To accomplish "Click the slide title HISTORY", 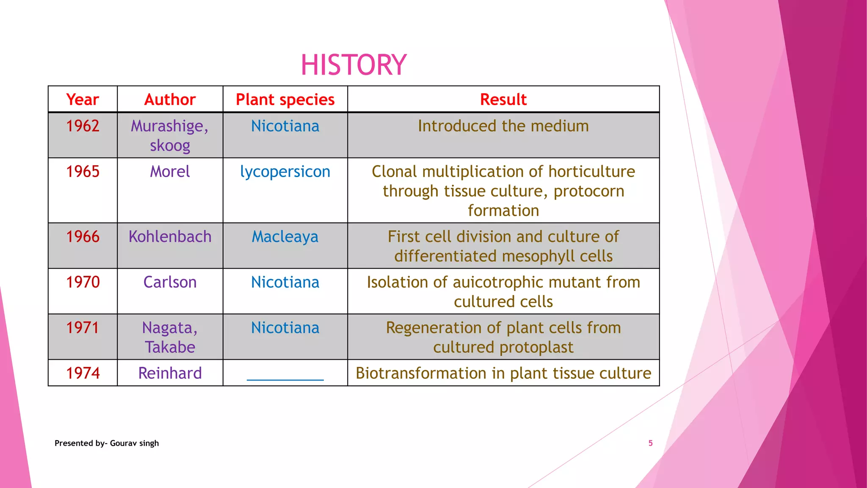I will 353,65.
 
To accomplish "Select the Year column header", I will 83,100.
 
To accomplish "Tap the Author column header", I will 170,100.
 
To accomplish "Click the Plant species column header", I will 285,100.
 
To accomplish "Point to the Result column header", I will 503,100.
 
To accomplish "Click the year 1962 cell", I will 83,126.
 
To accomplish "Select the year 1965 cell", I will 83,172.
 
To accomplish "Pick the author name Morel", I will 170,172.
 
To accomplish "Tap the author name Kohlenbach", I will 170,237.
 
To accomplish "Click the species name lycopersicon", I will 285,172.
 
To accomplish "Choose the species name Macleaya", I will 285,237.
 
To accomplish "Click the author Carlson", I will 170,282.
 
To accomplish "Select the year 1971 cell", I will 83,328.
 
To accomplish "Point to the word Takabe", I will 170,347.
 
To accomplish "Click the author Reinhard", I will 170,373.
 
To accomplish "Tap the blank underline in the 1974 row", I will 285,379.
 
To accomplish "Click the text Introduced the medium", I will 503,126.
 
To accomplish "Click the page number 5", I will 650,443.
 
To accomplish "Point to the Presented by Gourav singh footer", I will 107,443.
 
